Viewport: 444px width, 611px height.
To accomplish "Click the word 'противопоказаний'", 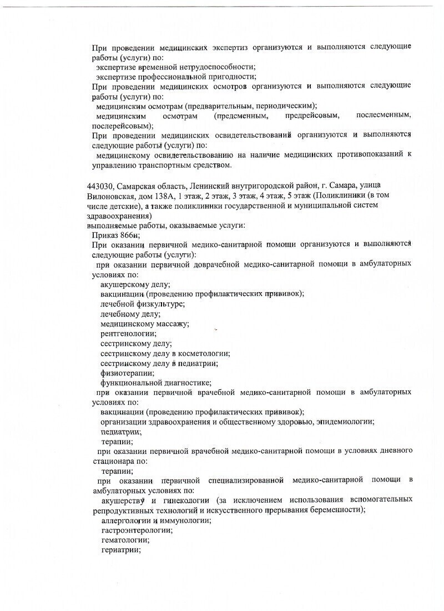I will [366, 156].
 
